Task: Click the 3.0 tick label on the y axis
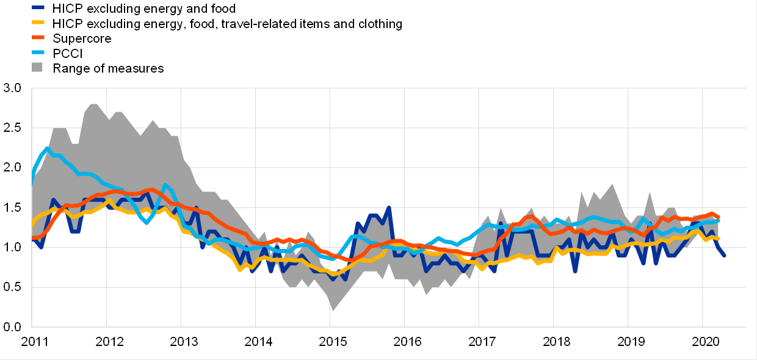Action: pyautogui.click(x=12, y=88)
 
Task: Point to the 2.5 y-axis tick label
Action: pyautogui.click(x=12, y=128)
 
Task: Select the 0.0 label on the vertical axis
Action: pyautogui.click(x=12, y=327)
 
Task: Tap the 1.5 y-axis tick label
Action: pyautogui.click(x=12, y=207)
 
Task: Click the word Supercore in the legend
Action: pyautogui.click(x=82, y=38)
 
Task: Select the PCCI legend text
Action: pyautogui.click(x=68, y=54)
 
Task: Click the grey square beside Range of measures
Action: pyautogui.click(x=38, y=68)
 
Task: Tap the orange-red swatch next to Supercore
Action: pyautogui.click(x=38, y=38)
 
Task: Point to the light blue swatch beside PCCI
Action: pyautogui.click(x=38, y=54)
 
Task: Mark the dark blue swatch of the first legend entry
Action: pyautogui.click(x=38, y=9)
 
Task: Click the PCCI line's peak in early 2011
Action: pyautogui.click(x=47, y=148)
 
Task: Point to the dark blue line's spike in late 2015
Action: pyautogui.click(x=389, y=207)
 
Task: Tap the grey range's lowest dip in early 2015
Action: pyautogui.click(x=333, y=311)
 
